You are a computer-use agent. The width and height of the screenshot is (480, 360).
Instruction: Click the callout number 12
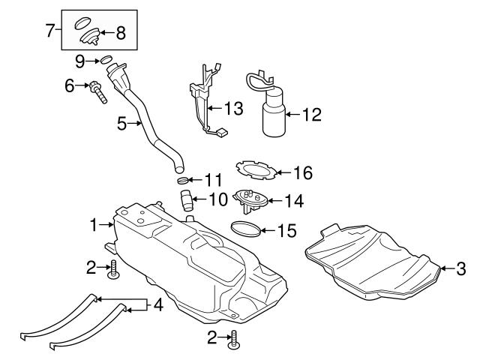311,115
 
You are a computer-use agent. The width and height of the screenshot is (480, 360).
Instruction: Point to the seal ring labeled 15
247,229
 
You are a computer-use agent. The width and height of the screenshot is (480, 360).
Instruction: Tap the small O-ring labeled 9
107,60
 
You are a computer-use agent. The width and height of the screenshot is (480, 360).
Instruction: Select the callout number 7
51,31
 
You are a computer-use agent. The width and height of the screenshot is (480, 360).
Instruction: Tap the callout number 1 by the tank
94,223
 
